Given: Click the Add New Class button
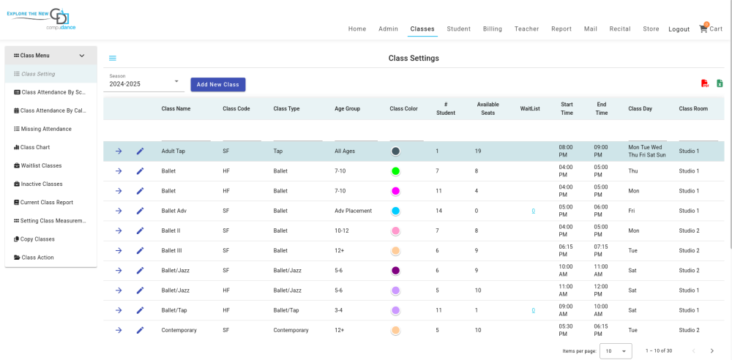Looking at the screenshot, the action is (x=218, y=85).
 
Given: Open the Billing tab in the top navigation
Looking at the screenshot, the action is (x=493, y=29).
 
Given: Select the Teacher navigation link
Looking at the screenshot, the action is (x=526, y=29).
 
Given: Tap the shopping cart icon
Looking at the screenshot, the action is (x=703, y=29).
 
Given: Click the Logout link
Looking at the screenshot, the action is (x=679, y=29).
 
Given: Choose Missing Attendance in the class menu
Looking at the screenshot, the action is (x=42, y=129).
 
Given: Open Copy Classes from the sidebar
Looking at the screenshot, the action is (x=34, y=239).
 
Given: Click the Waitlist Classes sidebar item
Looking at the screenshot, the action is (x=38, y=166).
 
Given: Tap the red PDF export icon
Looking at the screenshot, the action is (x=705, y=83).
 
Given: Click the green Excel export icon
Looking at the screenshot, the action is (x=720, y=83).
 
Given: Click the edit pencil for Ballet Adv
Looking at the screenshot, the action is (x=140, y=211).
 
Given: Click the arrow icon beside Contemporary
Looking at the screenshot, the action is (x=119, y=330).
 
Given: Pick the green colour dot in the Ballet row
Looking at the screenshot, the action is (x=395, y=171).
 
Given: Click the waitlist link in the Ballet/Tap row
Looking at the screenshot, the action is (x=533, y=310).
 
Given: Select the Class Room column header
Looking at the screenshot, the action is (x=693, y=109).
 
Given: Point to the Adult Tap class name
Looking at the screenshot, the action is (x=173, y=151).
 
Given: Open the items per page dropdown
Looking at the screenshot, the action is (x=616, y=351).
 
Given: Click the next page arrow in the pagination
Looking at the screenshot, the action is (x=712, y=351).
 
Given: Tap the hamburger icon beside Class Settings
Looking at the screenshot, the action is (x=113, y=59).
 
